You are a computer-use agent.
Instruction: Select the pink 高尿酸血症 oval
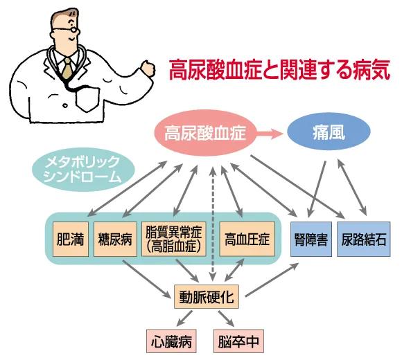click(205, 132)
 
